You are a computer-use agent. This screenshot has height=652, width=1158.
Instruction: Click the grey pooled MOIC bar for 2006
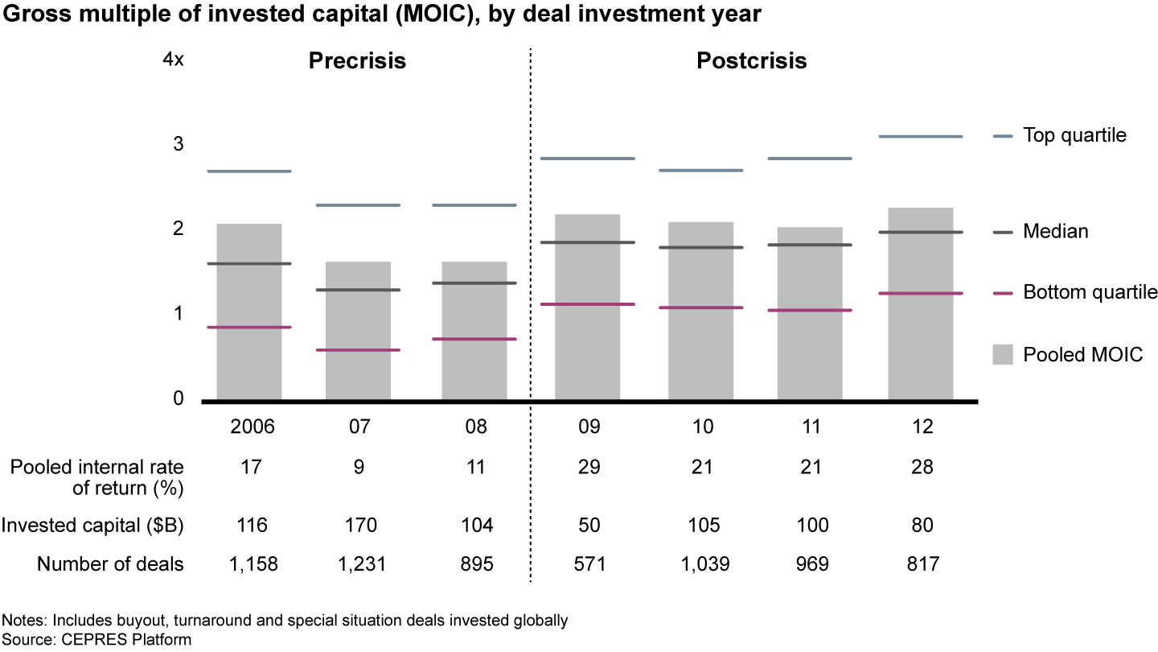[x=248, y=354]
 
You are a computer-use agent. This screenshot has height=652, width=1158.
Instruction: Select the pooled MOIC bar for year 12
[x=921, y=346]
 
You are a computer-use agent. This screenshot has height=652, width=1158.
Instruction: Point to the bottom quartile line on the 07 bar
[x=358, y=350]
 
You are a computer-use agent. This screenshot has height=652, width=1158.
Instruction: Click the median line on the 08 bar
[x=474, y=283]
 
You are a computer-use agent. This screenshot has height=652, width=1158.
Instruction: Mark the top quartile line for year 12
[x=921, y=137]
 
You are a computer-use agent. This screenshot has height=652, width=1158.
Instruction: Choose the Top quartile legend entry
[x=1074, y=135]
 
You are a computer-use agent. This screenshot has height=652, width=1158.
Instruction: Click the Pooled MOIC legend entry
[x=1082, y=354]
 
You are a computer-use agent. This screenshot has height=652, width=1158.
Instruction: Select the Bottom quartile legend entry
[x=1090, y=292]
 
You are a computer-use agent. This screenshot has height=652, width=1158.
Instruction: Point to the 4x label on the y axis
[x=173, y=61]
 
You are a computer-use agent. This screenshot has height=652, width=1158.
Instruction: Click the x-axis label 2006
[x=252, y=427]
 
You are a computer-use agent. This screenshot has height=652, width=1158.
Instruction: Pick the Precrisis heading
[x=357, y=61]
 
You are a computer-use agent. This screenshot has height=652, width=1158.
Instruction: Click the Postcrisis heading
[x=751, y=61]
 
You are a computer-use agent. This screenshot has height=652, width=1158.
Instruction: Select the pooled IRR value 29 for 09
[x=589, y=467]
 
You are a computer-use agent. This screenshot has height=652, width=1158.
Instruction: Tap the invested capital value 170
[x=359, y=526]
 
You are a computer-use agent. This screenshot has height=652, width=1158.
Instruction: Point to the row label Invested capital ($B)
[x=92, y=526]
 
